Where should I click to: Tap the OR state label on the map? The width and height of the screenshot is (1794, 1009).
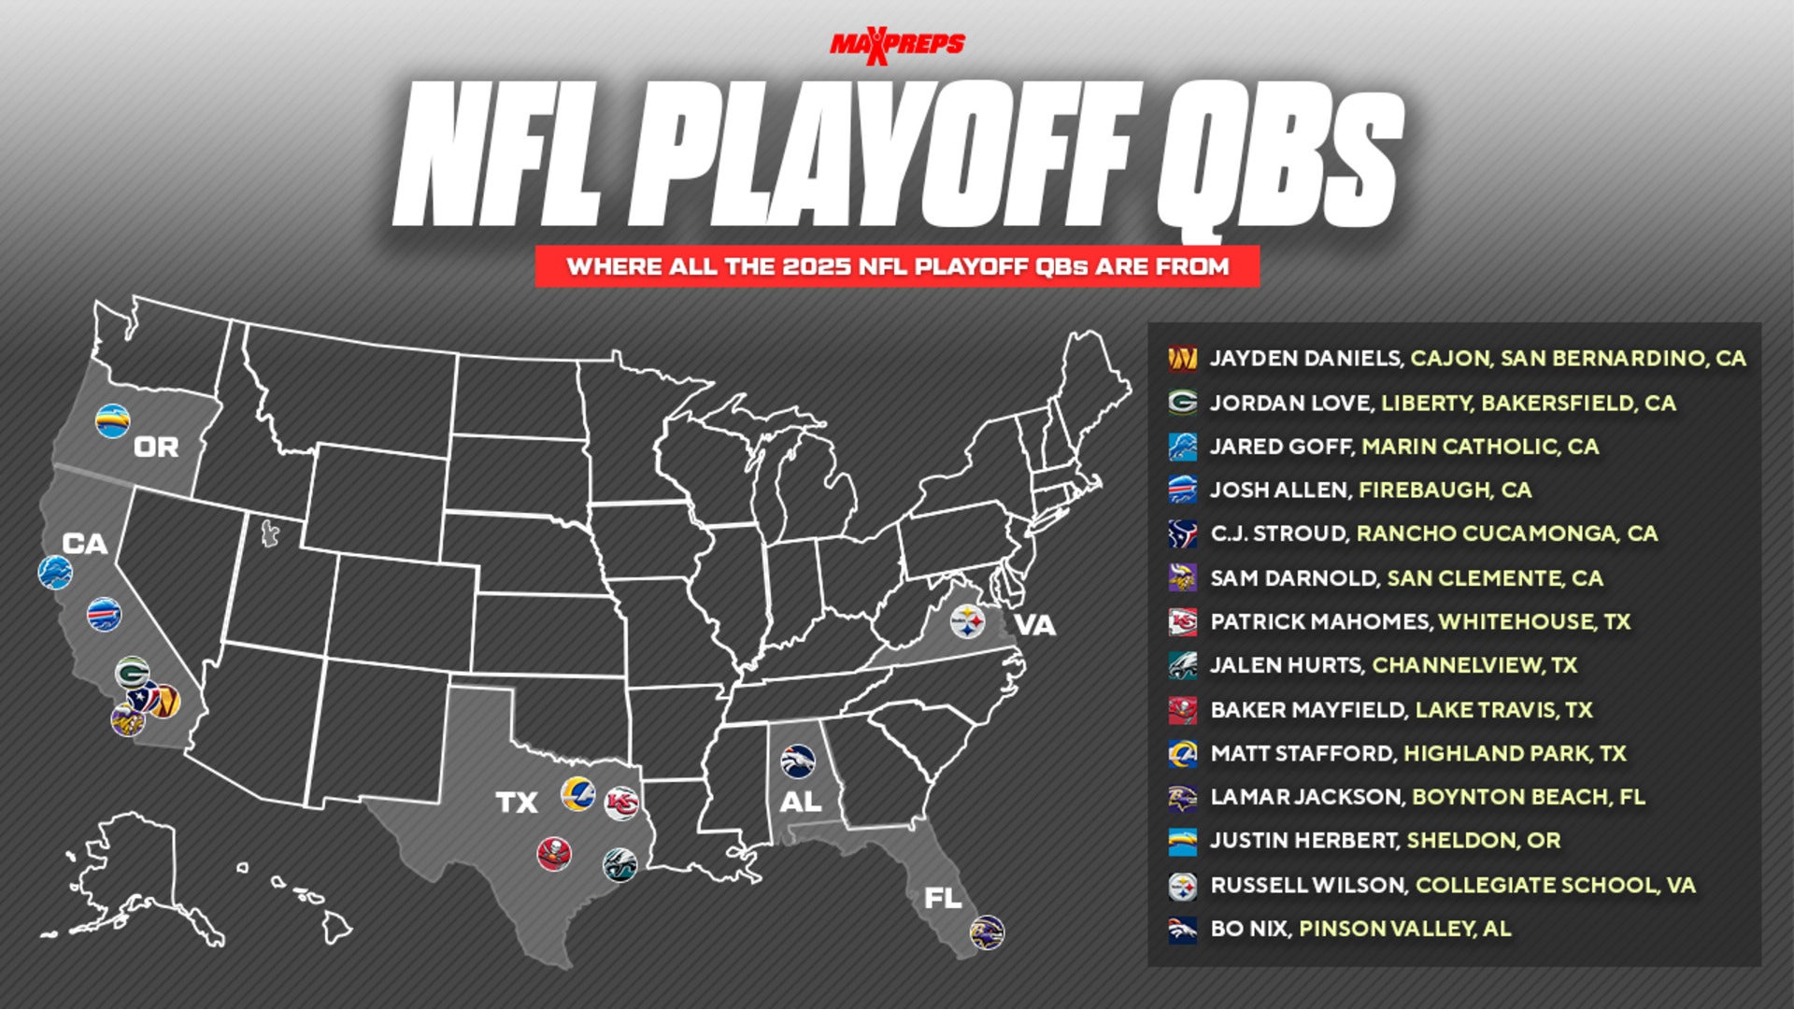click(156, 448)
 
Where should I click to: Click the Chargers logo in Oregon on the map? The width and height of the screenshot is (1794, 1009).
click(113, 420)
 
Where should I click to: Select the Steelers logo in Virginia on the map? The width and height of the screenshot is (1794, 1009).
click(967, 621)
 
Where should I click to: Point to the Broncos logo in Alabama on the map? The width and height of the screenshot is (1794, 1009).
click(798, 761)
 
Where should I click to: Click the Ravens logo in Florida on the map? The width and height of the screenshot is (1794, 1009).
click(987, 931)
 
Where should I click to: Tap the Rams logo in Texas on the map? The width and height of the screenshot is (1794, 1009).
click(577, 793)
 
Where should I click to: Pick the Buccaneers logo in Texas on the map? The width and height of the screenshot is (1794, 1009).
click(554, 854)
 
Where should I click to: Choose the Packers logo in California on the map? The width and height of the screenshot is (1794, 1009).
click(132, 673)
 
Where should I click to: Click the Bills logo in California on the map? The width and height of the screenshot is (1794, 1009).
click(104, 615)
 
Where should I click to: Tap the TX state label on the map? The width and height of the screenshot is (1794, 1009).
click(517, 803)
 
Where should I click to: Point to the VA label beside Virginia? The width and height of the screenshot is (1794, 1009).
click(1035, 625)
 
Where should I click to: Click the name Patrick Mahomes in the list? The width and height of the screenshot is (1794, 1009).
click(1320, 622)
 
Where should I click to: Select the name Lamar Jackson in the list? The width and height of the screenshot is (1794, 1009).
click(1306, 797)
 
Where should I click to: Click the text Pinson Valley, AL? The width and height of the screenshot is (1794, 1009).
click(1404, 929)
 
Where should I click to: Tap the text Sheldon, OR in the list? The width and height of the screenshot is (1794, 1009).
click(1484, 841)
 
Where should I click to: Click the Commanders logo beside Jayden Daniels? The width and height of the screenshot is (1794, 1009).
click(1182, 359)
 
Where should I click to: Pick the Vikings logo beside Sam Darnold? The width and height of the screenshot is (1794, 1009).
click(1182, 578)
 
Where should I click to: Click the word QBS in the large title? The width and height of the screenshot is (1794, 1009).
click(1280, 159)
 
